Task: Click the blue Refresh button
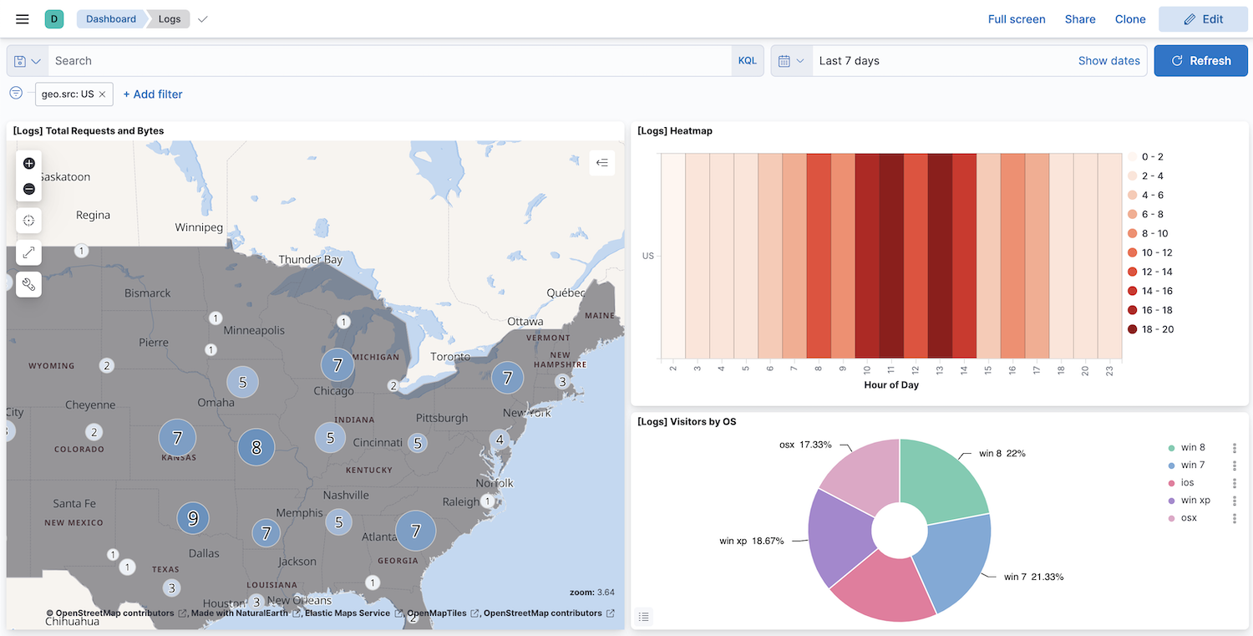coord(1200,61)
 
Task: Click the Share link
coord(1079,19)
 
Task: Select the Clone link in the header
coord(1129,19)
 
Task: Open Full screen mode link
coord(1016,19)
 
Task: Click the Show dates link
coord(1108,61)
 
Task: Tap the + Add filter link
coord(152,94)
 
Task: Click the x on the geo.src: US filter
coord(102,94)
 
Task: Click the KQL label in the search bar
coord(747,61)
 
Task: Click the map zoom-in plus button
coord(29,164)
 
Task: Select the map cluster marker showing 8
coord(256,447)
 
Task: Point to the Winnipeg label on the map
coord(199,227)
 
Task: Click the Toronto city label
coord(450,357)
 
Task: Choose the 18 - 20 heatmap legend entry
coord(1157,329)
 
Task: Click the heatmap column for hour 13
coord(940,255)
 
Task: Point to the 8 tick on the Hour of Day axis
coord(818,369)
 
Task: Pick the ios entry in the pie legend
coord(1187,483)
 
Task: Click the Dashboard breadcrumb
coord(110,19)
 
